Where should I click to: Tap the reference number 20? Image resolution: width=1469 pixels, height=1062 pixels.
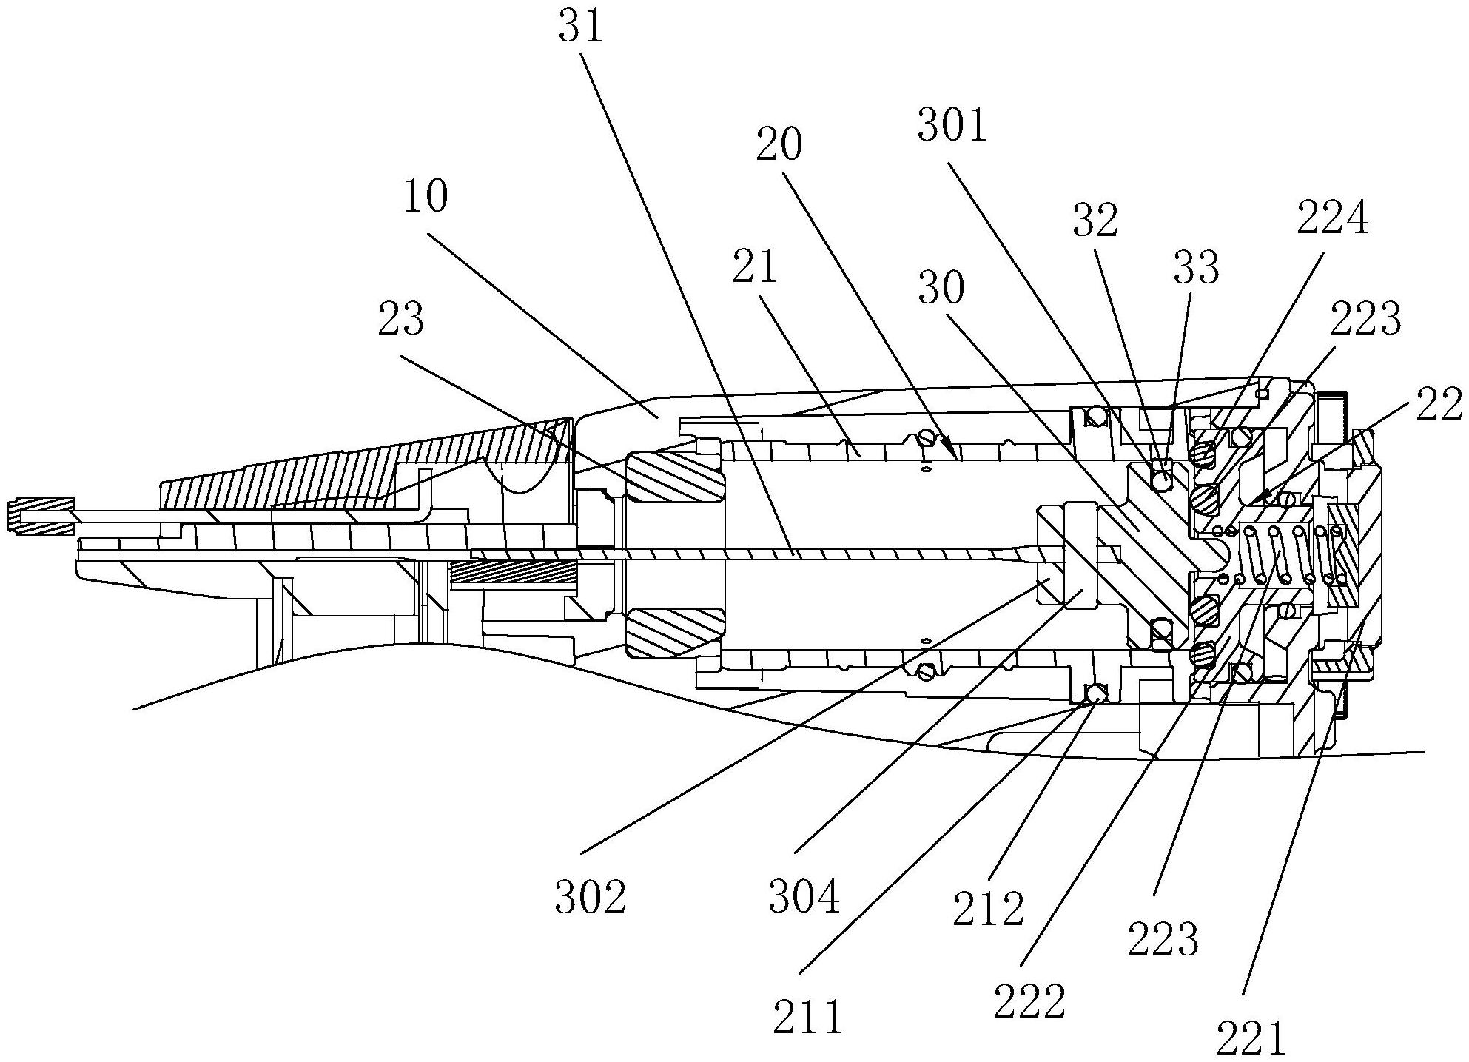[x=779, y=145]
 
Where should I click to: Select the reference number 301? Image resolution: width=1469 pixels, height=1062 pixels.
[x=952, y=125]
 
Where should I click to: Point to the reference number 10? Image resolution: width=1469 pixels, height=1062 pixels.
[x=426, y=198]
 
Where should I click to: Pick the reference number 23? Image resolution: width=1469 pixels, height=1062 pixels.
[x=401, y=319]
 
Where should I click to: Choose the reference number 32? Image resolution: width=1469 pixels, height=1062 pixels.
[x=1095, y=221]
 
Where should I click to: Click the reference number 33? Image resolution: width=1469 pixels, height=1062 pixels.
[x=1196, y=268]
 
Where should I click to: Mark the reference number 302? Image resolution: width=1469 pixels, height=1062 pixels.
[x=591, y=897]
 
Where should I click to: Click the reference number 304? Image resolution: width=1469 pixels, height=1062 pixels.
[x=804, y=897]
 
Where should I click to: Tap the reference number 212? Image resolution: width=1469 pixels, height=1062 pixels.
[x=988, y=908]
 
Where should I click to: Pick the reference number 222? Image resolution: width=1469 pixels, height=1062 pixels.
[x=1029, y=1001]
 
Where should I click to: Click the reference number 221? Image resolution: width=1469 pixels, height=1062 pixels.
[x=1250, y=1038]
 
